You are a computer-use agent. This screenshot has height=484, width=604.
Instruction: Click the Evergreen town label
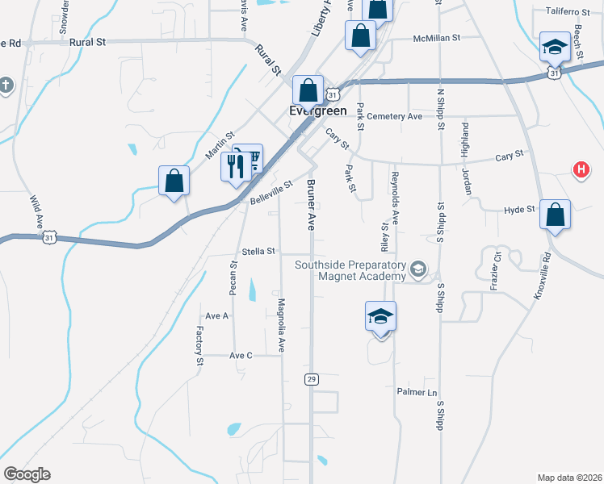pos(318,111)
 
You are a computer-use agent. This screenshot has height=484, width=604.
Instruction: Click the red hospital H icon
pos(580,169)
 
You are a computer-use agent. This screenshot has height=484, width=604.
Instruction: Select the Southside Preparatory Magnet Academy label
pos(350,270)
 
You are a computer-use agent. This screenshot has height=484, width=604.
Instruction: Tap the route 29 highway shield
pos(312,378)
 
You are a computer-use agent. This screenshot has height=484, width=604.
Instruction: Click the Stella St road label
pos(259,251)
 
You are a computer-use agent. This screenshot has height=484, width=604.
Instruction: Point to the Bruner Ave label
pos(311,205)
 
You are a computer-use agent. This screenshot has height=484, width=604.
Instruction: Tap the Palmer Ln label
pos(416,393)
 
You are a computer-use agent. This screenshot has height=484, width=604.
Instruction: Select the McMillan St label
pos(436,38)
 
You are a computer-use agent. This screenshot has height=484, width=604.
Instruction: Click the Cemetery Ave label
pos(394,116)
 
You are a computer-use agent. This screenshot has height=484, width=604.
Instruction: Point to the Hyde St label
pos(519,209)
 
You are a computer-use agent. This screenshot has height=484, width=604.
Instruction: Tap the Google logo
pos(27,474)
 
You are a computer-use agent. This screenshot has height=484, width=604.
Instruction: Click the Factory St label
pos(199,345)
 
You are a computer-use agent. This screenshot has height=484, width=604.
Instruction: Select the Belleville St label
pos(271,192)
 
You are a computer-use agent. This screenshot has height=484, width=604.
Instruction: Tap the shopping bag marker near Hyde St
pos(555,215)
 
